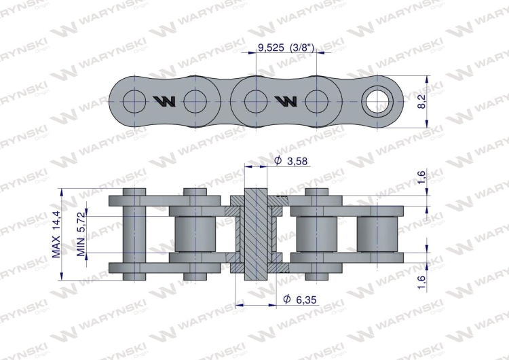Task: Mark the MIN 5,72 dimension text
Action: point(81,234)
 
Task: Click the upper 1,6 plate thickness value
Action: point(421,178)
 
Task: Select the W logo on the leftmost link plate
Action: point(164,102)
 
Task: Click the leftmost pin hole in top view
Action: point(134,101)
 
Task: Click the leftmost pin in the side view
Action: point(134,234)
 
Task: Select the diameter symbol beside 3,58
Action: point(278,161)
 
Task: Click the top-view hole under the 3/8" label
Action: point(316,101)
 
